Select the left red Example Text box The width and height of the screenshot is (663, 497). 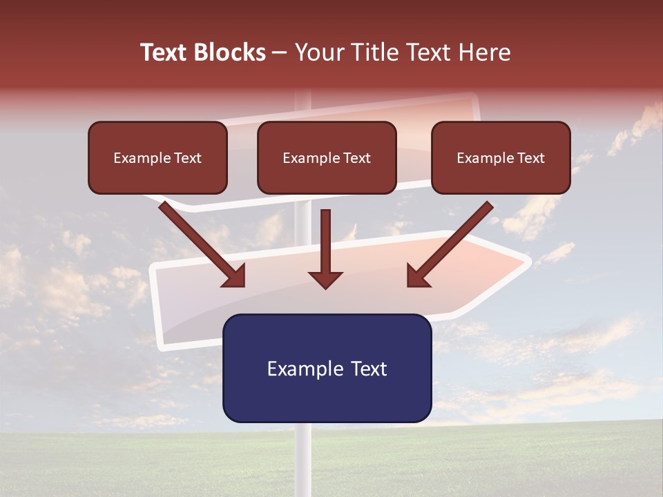coord(157,157)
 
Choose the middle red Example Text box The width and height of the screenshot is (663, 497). coord(327,157)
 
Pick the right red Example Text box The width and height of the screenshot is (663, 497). coord(501,157)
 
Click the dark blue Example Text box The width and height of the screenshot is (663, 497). coord(327,368)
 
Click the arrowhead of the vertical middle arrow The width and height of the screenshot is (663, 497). coord(325,279)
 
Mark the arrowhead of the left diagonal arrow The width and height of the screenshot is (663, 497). coord(235,275)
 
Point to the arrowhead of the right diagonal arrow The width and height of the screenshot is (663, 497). coord(417,275)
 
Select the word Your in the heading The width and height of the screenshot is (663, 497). coord(319,52)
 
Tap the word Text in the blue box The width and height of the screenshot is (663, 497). coord(369,368)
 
